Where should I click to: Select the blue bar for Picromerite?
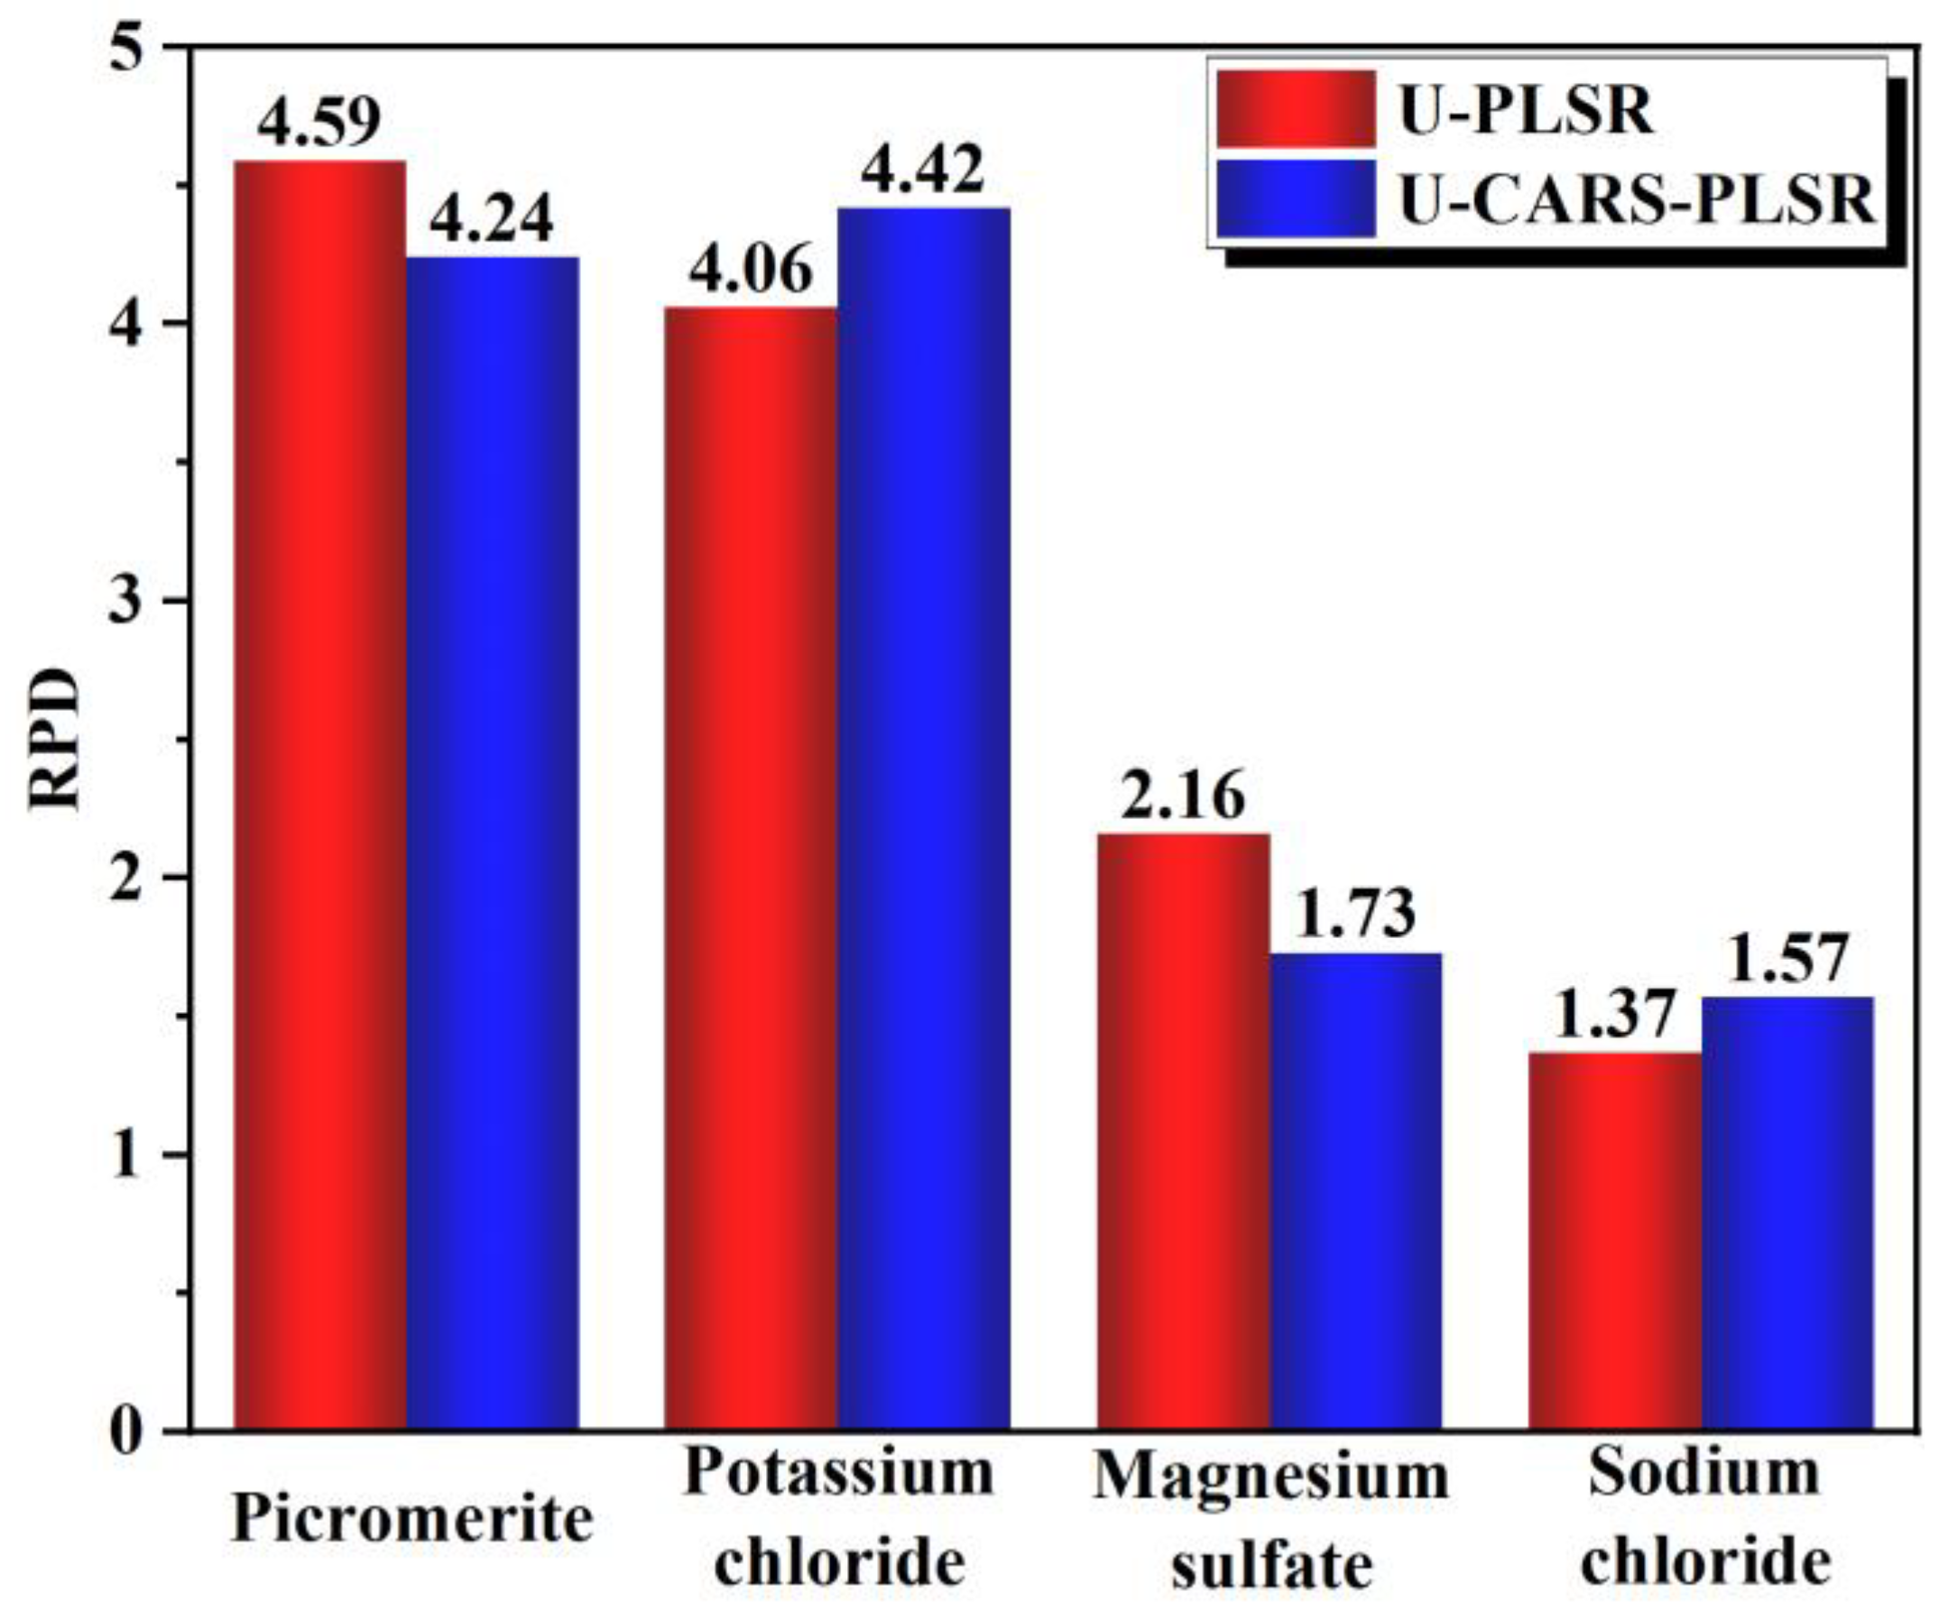493,843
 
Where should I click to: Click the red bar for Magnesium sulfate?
1183,1131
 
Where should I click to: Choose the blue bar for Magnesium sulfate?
1355,1191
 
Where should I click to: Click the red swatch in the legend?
1295,109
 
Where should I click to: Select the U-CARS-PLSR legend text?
1638,201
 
